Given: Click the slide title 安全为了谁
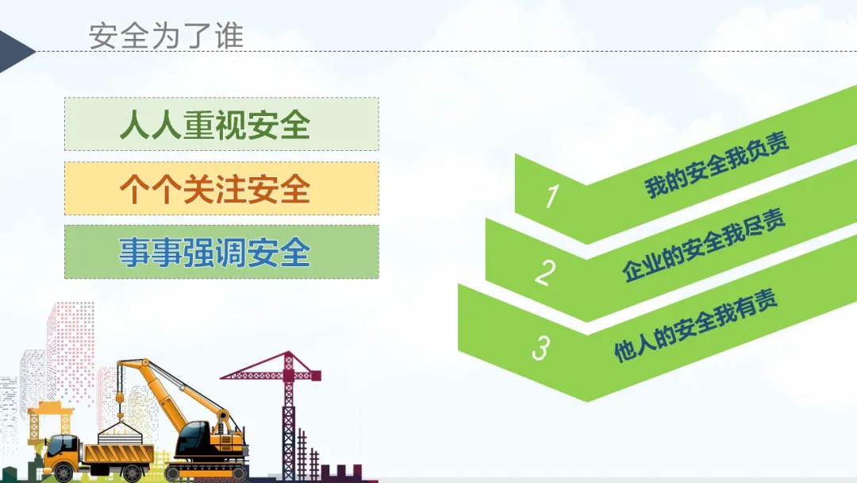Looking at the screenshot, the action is (166, 36).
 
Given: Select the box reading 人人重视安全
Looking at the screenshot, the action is (221, 124).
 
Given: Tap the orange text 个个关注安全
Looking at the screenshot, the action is (215, 189).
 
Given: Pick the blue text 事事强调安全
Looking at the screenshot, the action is (215, 252).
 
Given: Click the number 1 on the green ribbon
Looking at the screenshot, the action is (552, 195).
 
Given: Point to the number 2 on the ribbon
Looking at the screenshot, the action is (545, 272).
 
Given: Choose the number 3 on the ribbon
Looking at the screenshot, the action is (540, 348).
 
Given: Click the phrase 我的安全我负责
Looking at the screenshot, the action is (717, 164).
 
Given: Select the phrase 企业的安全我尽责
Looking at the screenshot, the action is (703, 245).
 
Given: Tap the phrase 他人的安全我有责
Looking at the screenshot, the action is (695, 326).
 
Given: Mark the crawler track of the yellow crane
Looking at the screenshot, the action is (206, 473).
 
